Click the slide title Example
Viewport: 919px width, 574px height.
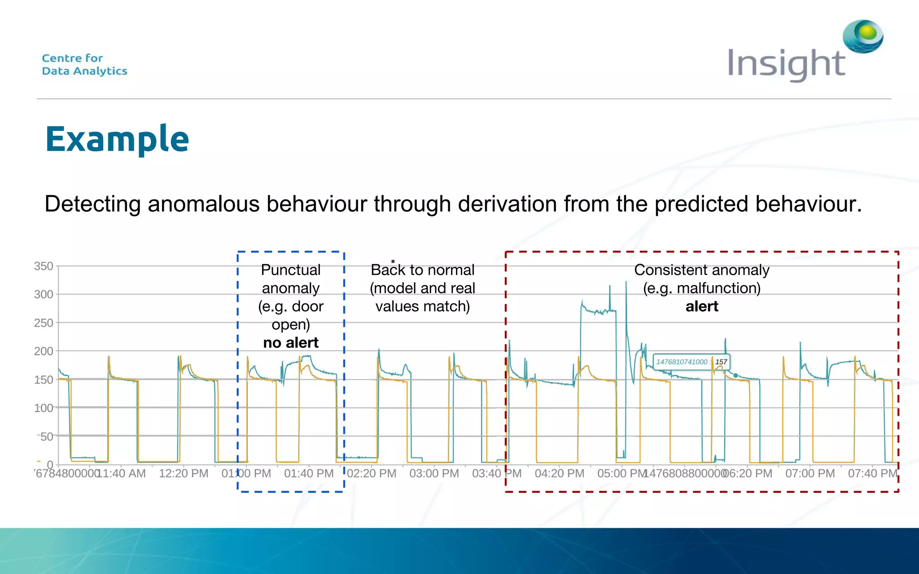[117, 139]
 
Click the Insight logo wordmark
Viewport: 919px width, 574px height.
[786, 64]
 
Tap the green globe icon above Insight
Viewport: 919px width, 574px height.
[862, 36]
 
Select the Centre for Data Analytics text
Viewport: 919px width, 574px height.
[84, 65]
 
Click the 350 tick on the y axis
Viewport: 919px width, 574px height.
[44, 266]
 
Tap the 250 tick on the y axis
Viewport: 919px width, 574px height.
[44, 323]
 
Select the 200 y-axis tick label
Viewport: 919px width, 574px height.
[44, 351]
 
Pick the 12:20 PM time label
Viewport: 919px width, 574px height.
[184, 474]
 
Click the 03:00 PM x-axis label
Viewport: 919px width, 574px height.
[434, 474]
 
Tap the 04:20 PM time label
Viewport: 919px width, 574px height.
[559, 474]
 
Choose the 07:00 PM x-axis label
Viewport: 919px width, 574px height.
[810, 474]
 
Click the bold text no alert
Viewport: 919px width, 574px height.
[291, 343]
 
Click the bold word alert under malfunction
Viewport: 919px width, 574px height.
[702, 307]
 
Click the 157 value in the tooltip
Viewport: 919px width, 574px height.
[721, 362]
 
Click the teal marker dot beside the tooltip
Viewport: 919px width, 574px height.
[735, 375]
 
